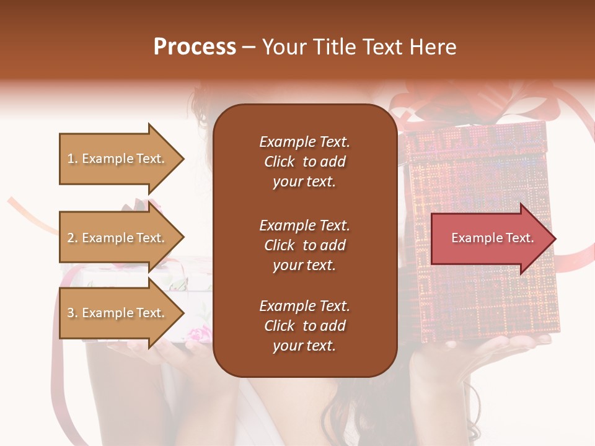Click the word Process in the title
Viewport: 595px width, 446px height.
pos(195,47)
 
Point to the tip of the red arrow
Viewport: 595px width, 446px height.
pos(555,238)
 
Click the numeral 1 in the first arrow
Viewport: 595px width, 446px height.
pos(71,159)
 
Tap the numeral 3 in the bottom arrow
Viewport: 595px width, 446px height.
pos(71,313)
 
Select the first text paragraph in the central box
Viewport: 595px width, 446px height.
pos(304,162)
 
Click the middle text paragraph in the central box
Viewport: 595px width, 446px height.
pos(304,245)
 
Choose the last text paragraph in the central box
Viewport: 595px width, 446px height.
pos(304,326)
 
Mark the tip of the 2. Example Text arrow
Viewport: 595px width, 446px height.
pos(183,238)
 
